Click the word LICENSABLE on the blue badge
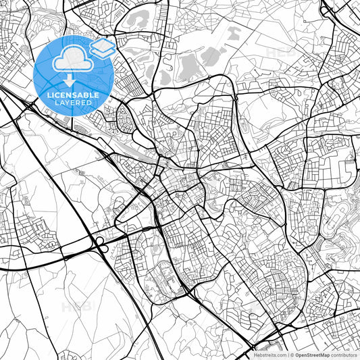(x=72, y=95)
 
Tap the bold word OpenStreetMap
(x=311, y=354)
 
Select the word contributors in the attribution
(x=343, y=354)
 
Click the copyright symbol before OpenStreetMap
(x=291, y=354)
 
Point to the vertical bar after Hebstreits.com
(x=287, y=354)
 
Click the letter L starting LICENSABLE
(x=48, y=95)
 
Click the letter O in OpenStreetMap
(x=297, y=354)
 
